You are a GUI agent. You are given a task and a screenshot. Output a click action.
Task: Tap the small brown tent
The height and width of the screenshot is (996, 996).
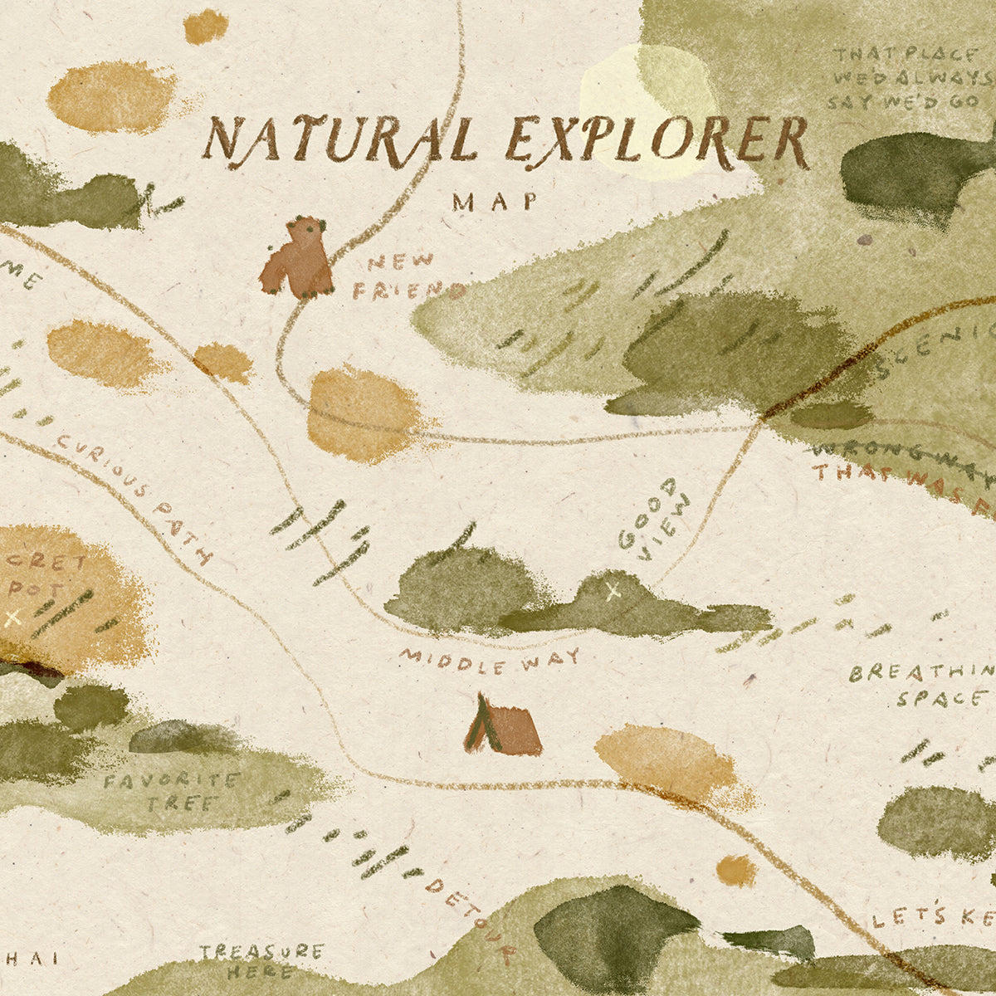503,726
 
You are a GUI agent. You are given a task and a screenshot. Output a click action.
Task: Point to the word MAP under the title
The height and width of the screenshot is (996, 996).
495,202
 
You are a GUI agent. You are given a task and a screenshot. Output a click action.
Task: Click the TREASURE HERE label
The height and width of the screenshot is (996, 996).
260,961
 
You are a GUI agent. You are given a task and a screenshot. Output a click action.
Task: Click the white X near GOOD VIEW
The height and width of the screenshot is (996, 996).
613,591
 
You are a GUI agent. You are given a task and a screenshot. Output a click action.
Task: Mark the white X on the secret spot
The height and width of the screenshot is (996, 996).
12,617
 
